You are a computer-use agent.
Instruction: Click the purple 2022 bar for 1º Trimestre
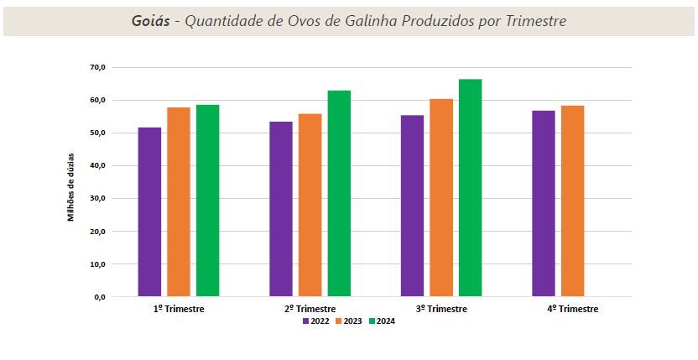[149, 211]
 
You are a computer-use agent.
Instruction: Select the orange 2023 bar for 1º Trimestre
[179, 201]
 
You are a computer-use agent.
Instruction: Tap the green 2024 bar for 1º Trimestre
[207, 201]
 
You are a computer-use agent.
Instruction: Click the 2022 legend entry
[315, 321]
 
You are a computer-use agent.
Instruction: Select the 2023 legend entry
[348, 321]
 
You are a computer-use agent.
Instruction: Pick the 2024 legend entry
[381, 321]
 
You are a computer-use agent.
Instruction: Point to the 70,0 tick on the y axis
[96, 67]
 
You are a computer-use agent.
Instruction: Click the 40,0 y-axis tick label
[96, 165]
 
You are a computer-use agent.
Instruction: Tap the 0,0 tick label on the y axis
[99, 297]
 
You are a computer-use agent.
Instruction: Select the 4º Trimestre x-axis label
[573, 309]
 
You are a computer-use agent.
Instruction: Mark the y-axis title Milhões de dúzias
[71, 186]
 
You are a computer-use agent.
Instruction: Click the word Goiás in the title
[150, 21]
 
